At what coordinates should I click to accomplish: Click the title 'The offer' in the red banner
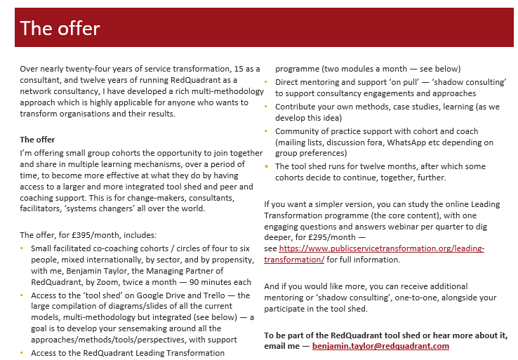pos(60,29)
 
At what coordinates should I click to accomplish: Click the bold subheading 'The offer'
pos(37,140)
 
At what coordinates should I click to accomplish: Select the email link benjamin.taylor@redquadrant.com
pos(380,346)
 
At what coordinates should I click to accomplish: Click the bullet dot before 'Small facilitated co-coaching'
pos(22,248)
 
